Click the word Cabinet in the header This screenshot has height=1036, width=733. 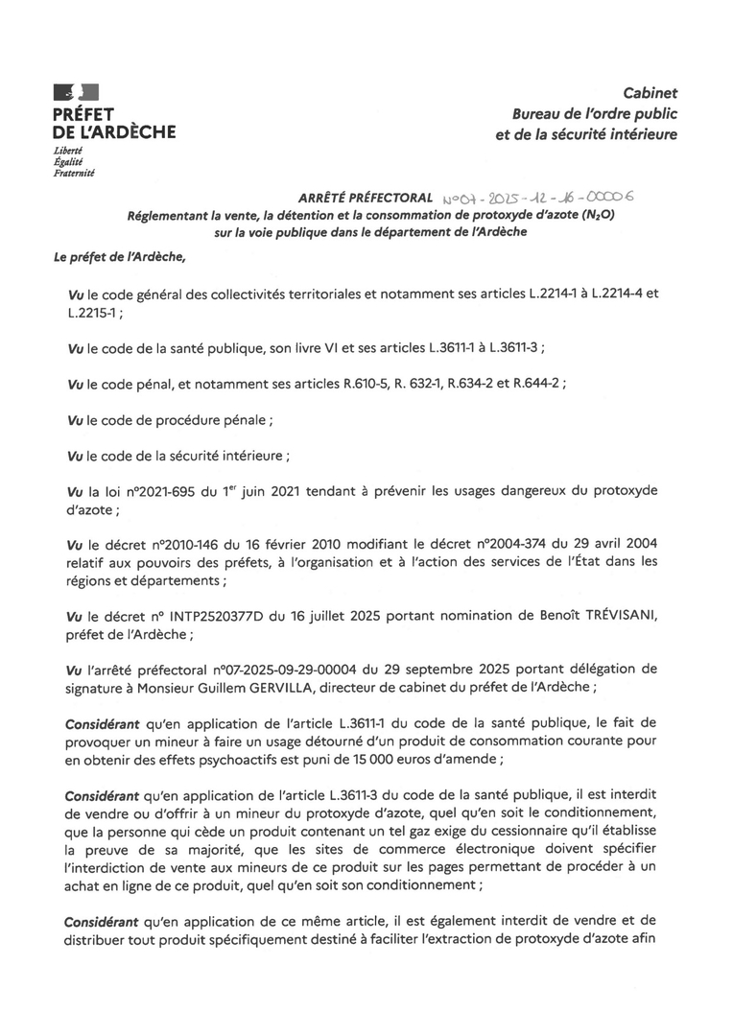click(x=650, y=93)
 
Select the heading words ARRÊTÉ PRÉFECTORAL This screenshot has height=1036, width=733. click(x=366, y=199)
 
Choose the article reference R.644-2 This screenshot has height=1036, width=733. click(x=534, y=382)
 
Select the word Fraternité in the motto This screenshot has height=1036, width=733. click(x=74, y=173)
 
